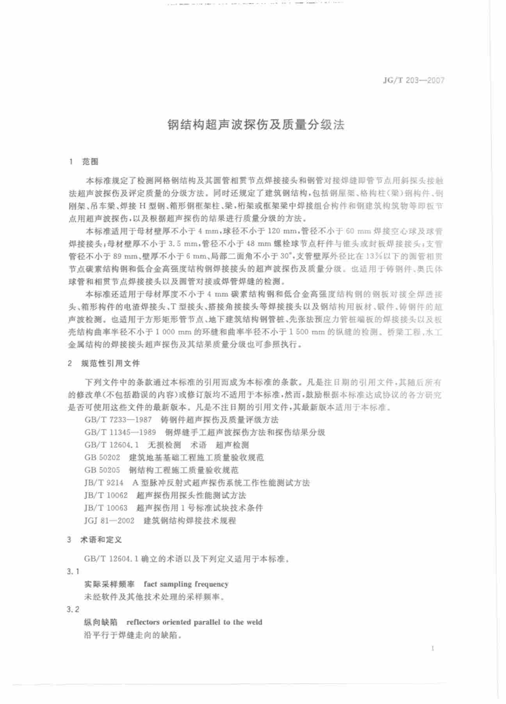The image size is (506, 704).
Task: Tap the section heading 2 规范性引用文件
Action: [104, 364]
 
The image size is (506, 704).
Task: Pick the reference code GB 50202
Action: [102, 457]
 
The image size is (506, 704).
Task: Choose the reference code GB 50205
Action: [102, 470]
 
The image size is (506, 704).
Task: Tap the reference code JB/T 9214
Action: [104, 483]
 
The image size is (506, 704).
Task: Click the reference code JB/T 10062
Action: [106, 495]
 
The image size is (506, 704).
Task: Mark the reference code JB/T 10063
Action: [106, 508]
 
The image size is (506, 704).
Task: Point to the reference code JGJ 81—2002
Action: [109, 521]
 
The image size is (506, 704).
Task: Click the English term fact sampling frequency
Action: [186, 584]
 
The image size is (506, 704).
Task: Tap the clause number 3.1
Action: [73, 571]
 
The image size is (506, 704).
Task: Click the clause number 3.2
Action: [73, 610]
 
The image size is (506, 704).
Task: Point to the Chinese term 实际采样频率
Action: [109, 584]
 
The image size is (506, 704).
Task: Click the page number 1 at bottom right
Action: [434, 649]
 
